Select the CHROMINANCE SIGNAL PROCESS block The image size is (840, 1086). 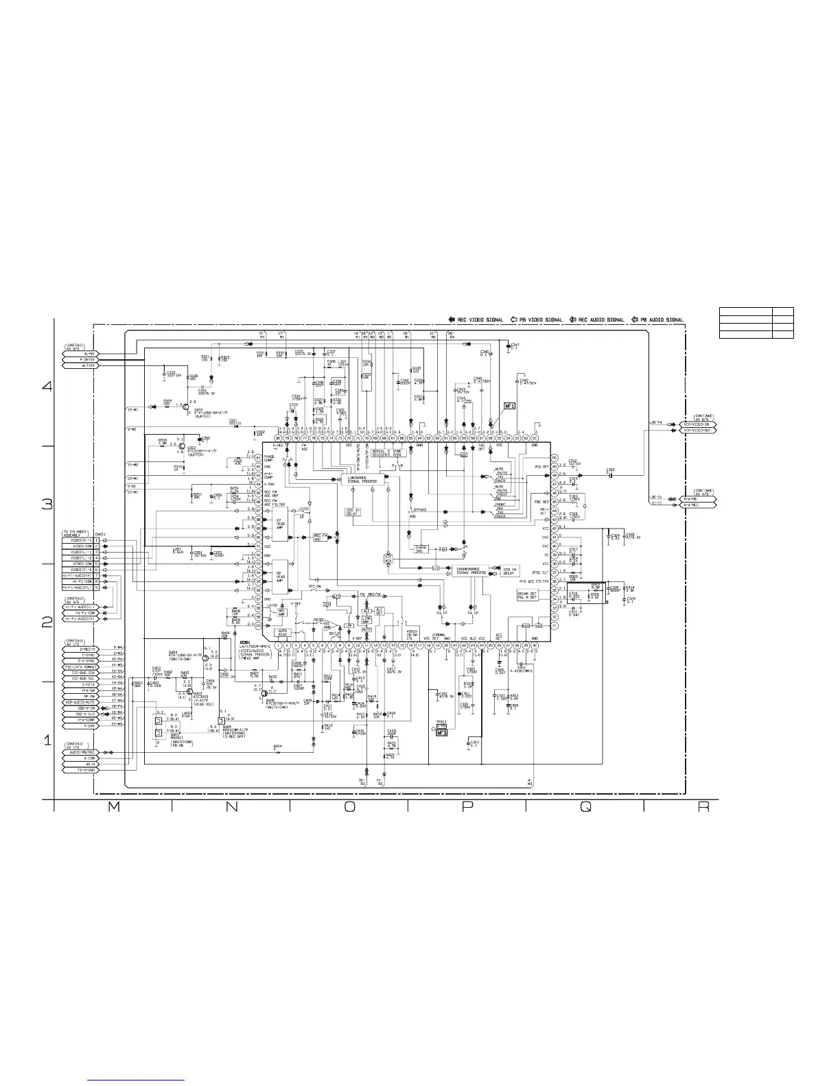click(x=469, y=570)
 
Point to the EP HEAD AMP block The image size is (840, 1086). click(x=279, y=523)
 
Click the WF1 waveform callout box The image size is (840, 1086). click(x=510, y=407)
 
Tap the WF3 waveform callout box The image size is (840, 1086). click(x=442, y=732)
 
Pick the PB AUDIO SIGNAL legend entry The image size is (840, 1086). click(x=657, y=319)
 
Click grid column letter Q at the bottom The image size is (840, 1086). click(x=585, y=808)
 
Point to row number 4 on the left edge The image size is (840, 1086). click(x=47, y=386)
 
